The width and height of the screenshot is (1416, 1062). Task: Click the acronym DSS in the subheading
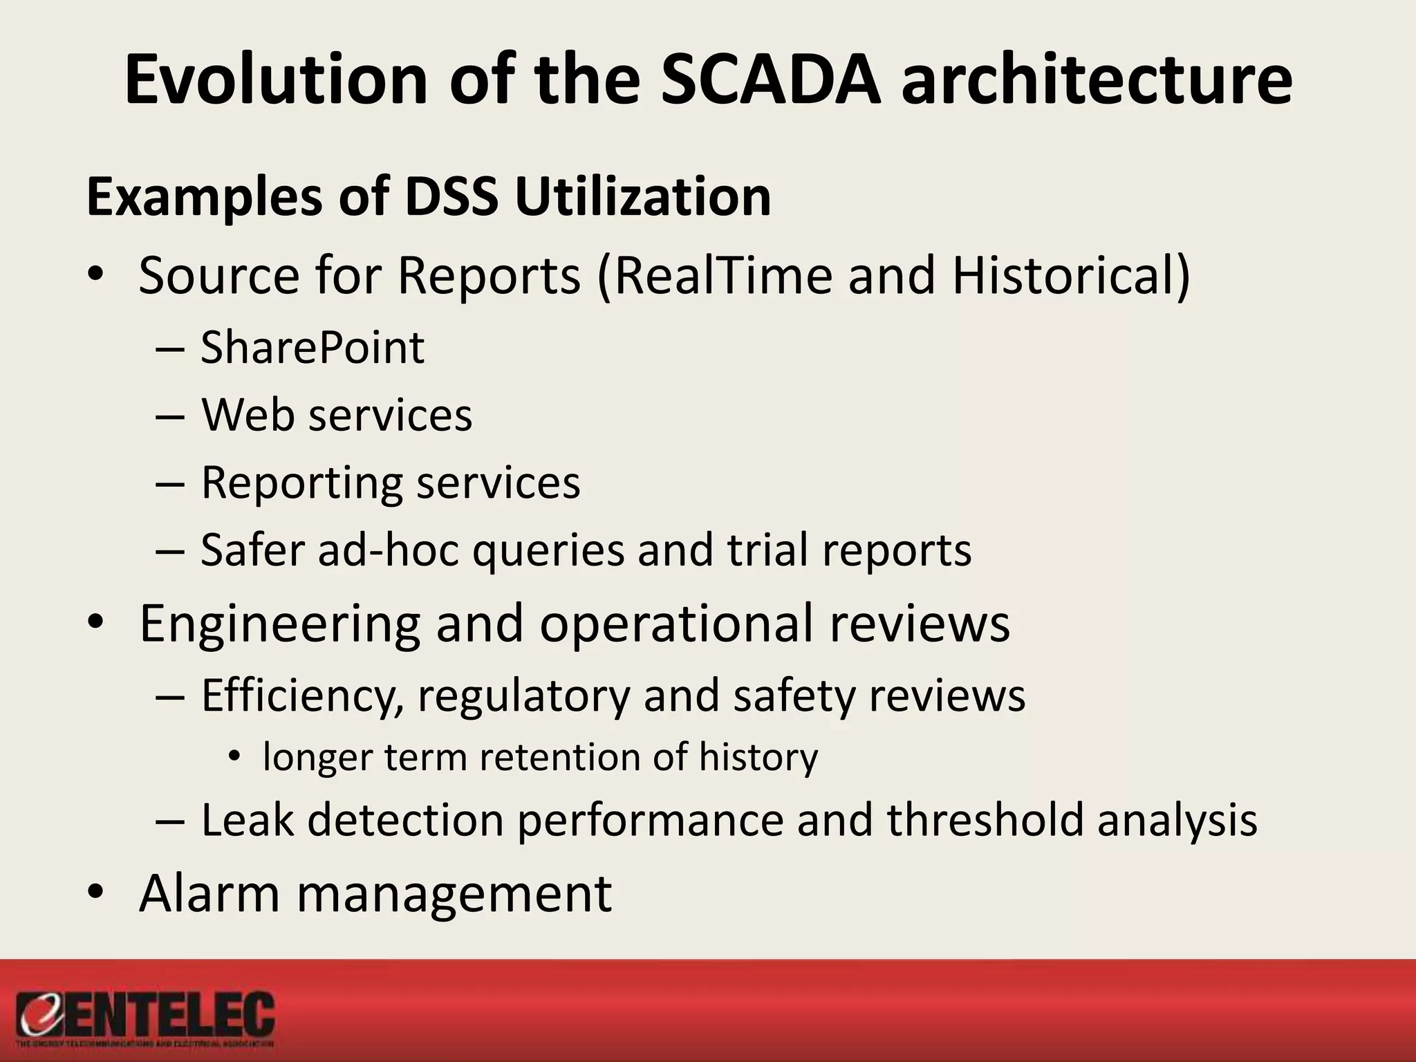tap(451, 197)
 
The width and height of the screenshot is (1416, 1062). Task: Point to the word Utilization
tap(642, 197)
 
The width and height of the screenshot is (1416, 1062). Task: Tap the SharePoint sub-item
tap(312, 347)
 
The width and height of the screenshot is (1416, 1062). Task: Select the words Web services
tap(337, 415)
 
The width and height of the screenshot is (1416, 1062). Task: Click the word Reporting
tap(301, 483)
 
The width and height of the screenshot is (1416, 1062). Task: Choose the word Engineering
tap(279, 624)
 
